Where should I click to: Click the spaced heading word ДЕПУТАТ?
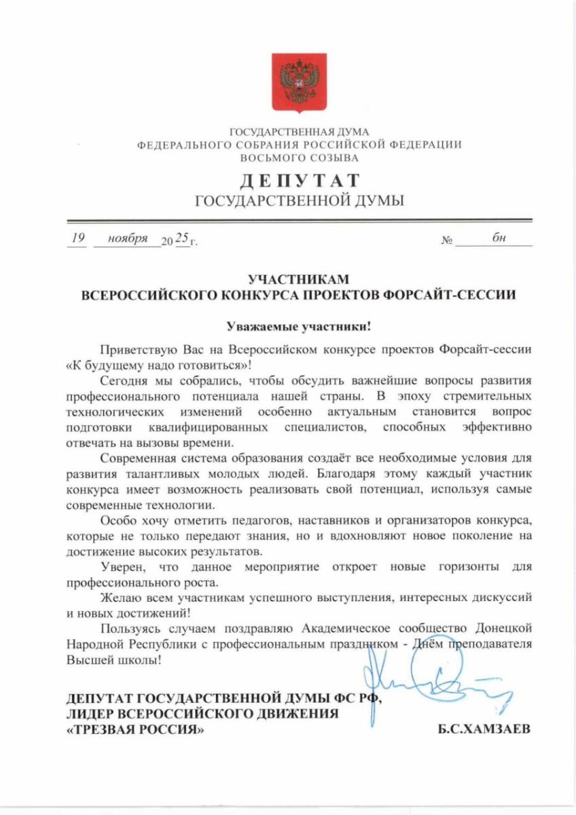(299, 180)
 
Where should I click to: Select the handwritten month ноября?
(128, 239)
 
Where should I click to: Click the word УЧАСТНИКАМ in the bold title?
(299, 279)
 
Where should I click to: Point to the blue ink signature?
(435, 679)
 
